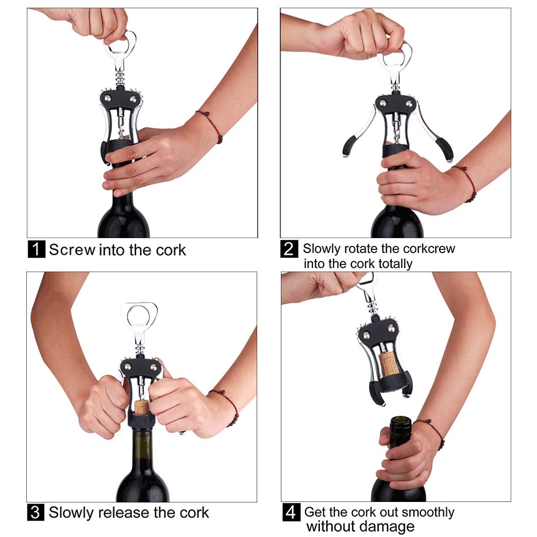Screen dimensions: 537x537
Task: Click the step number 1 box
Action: coord(36,249)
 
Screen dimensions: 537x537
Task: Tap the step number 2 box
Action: coord(289,249)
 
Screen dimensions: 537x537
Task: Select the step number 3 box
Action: coord(35,513)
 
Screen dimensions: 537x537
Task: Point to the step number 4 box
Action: coord(291,513)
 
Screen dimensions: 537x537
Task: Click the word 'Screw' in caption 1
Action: coord(72,250)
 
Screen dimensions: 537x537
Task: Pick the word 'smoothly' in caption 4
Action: coord(428,512)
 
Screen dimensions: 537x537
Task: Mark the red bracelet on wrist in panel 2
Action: coord(467,182)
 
